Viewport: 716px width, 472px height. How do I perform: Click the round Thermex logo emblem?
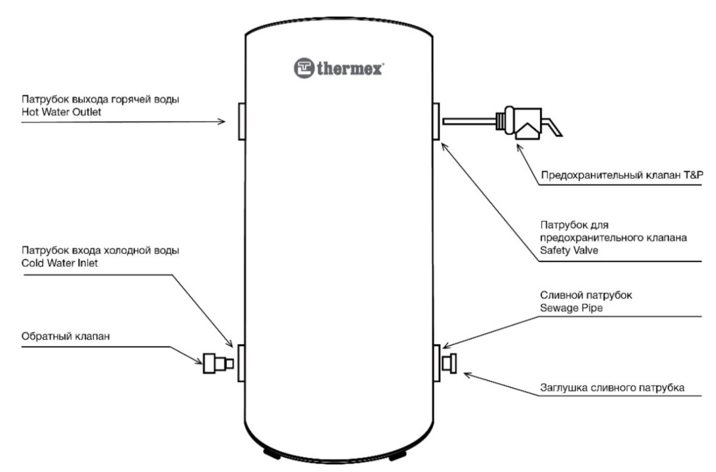pyautogui.click(x=304, y=68)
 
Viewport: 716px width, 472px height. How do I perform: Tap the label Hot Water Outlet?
pyautogui.click(x=61, y=112)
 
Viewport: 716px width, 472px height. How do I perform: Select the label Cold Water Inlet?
pyautogui.click(x=60, y=263)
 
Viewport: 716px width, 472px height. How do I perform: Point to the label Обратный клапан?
pyautogui.click(x=66, y=336)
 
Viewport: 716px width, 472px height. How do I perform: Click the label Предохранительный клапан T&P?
pyautogui.click(x=622, y=175)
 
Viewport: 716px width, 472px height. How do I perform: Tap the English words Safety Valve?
pyautogui.click(x=569, y=250)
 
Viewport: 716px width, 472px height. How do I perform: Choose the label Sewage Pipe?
pyautogui.click(x=571, y=308)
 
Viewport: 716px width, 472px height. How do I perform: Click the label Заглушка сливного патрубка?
pyautogui.click(x=612, y=388)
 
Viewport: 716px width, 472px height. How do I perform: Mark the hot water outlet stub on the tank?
pyautogui.click(x=242, y=122)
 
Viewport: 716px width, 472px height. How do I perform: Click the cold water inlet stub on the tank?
pyautogui.click(x=242, y=363)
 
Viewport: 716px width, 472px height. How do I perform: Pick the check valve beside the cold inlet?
pyautogui.click(x=218, y=363)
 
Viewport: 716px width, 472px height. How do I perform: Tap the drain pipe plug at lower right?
pyautogui.click(x=449, y=363)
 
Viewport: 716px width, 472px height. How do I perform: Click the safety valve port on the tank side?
pyautogui.click(x=436, y=121)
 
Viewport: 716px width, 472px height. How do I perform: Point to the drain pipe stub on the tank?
pyautogui.click(x=437, y=363)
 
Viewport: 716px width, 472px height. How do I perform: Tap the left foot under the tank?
pyautogui.click(x=272, y=454)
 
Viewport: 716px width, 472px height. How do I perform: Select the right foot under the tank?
pyautogui.click(x=397, y=455)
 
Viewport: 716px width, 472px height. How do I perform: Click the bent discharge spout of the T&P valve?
pyautogui.click(x=553, y=127)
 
